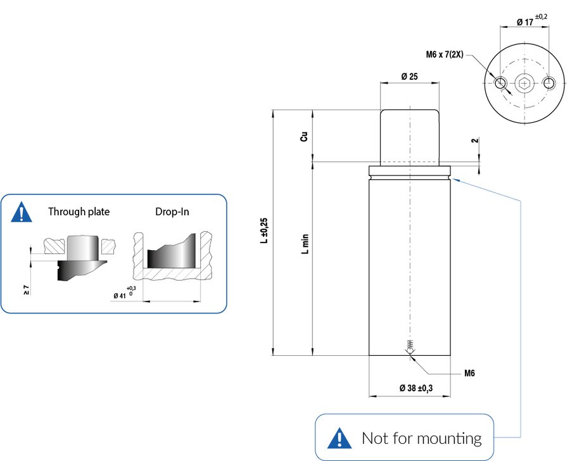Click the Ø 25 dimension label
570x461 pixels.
point(409,77)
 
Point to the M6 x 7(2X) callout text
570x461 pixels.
point(446,55)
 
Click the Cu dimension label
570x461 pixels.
point(305,137)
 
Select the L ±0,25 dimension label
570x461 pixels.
point(264,231)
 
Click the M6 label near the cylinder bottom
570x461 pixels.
point(469,373)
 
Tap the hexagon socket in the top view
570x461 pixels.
point(524,83)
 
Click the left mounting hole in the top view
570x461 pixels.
point(500,83)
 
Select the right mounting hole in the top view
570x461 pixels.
point(549,83)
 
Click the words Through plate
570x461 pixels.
point(79,212)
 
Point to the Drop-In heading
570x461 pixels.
point(172,212)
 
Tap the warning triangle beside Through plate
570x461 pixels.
point(22,212)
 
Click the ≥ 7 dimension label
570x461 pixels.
point(27,290)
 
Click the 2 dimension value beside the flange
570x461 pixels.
point(474,140)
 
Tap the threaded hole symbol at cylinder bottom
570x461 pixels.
point(411,345)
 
